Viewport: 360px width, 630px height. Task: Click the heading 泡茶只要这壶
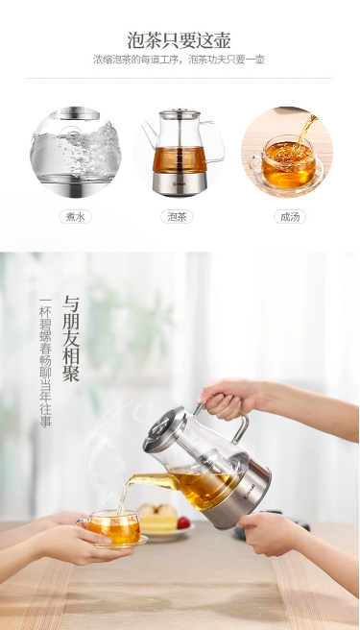pos(180,40)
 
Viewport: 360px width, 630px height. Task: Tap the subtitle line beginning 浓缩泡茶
pos(180,60)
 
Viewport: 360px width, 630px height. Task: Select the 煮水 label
pos(75,217)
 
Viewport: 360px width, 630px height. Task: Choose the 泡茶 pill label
pos(177,217)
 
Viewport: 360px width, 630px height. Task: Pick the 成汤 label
pos(290,217)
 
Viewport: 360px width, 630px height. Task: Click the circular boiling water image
pos(76,152)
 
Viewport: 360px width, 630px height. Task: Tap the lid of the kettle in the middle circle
pos(180,114)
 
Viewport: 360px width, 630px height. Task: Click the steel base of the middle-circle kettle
pos(180,184)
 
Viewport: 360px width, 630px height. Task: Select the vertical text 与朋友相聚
pos(71,339)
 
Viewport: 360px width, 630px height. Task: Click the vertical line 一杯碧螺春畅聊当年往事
pos(45,362)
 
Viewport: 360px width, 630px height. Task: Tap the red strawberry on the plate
pos(183,522)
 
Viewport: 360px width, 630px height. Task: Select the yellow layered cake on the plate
pos(157,518)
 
